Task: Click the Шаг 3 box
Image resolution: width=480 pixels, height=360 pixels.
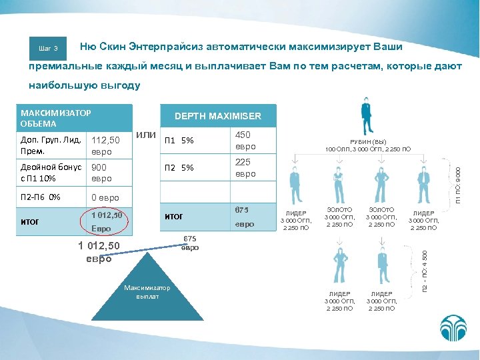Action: pos(49,48)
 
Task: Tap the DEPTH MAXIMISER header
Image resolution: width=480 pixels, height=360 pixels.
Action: pos(218,116)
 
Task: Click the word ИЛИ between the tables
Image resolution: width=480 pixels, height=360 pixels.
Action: pos(146,136)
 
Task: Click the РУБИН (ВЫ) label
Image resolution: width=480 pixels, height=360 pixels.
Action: pos(369,142)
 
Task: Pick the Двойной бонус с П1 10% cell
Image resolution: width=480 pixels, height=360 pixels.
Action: pos(51,173)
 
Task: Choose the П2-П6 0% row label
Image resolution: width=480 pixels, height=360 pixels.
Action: pos(41,197)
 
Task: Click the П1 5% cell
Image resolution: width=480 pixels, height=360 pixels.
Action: pos(179,141)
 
